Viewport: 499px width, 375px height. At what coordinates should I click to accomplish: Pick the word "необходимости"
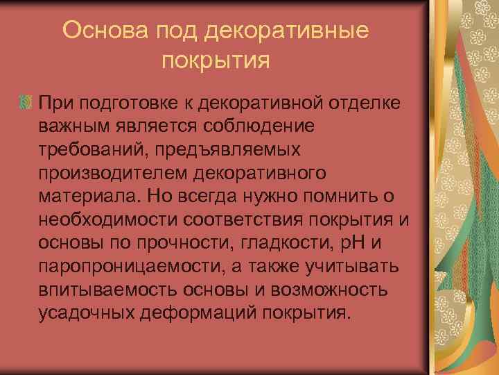[109, 220]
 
